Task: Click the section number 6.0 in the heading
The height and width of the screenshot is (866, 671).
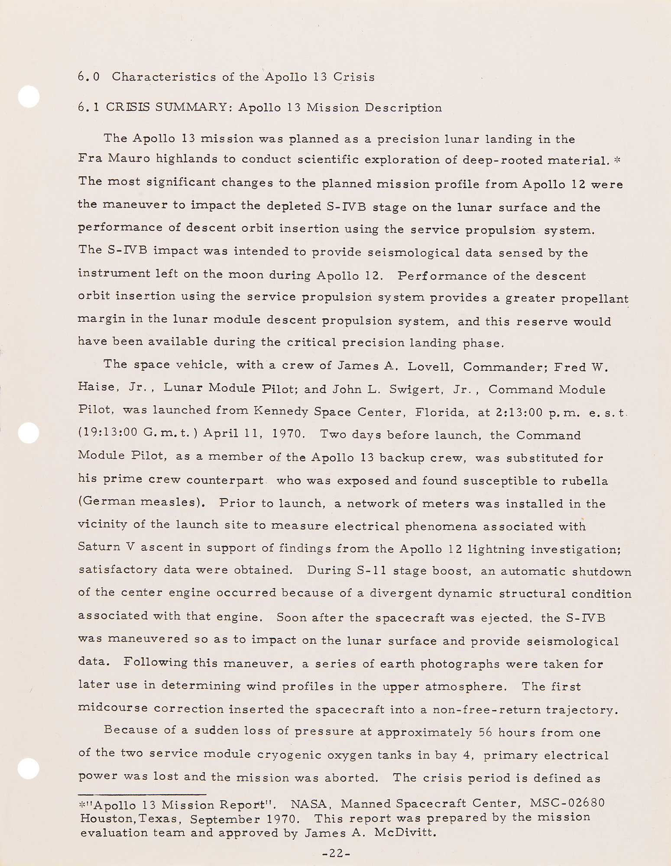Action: pos(89,77)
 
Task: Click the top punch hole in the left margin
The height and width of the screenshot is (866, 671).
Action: pos(29,97)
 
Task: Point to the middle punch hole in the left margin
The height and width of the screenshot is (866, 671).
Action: pos(29,433)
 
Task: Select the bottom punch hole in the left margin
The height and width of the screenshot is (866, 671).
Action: pos(29,769)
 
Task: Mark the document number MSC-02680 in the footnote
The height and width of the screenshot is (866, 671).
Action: pos(567,804)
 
